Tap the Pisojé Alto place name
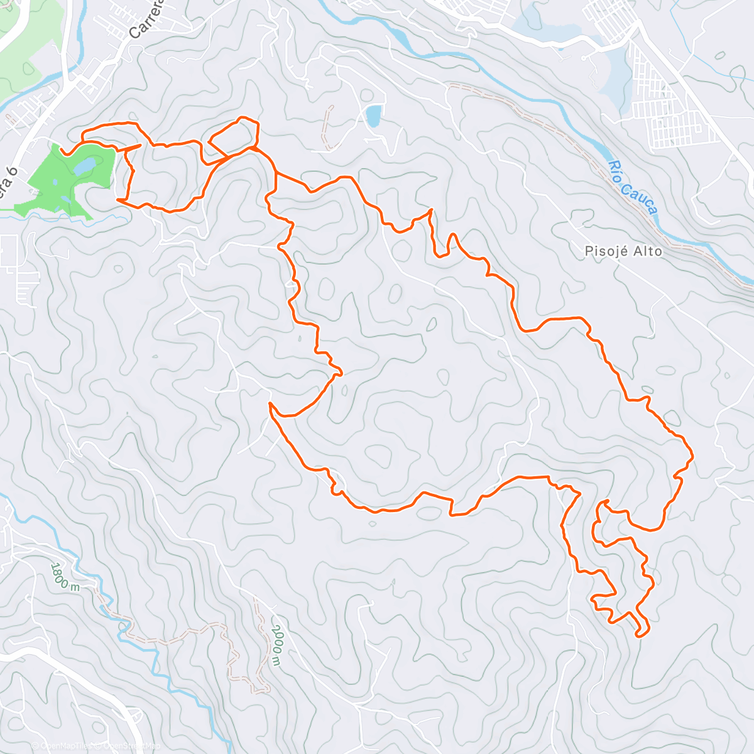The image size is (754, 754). [x=623, y=251]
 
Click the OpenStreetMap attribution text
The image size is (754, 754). [x=129, y=746]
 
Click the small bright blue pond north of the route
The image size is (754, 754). [x=373, y=116]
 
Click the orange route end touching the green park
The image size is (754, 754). [x=63, y=151]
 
